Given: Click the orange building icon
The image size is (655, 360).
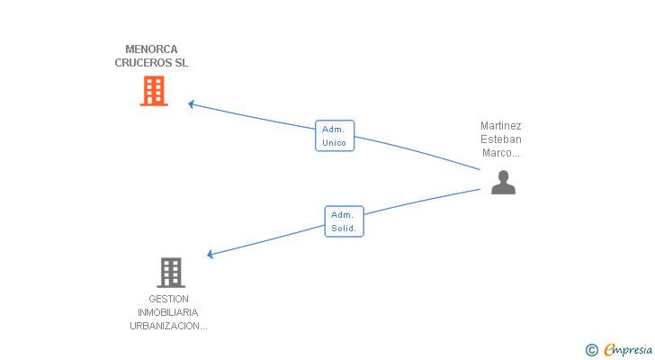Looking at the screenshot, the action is [154, 91].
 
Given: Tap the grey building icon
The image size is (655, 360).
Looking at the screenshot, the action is [171, 273].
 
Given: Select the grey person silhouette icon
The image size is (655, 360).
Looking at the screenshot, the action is [503, 182].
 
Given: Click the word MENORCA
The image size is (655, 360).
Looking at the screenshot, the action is [151, 49].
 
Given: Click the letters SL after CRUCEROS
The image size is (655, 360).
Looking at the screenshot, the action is [182, 63].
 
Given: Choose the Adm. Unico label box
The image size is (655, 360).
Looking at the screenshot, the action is [335, 136].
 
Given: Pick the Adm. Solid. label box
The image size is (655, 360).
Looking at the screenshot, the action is [345, 221].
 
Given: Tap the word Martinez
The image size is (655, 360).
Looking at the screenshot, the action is [501, 126].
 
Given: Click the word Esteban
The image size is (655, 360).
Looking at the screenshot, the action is [501, 139].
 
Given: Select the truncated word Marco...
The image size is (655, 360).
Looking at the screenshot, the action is [501, 153].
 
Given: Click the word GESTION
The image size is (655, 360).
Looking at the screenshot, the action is [169, 299].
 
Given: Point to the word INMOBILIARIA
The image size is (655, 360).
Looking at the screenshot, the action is [168, 312].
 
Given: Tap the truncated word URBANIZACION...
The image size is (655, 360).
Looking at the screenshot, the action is [168, 326].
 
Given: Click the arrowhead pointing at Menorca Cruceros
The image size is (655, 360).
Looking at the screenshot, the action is [191, 104].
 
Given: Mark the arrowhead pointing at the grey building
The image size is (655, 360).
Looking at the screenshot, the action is [211, 254].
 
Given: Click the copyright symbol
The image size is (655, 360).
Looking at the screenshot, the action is [591, 350].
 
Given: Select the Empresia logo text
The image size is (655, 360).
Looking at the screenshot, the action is [628, 350].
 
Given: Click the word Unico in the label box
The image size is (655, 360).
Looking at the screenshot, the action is [334, 143].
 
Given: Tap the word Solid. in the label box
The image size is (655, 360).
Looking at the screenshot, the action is [344, 229].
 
